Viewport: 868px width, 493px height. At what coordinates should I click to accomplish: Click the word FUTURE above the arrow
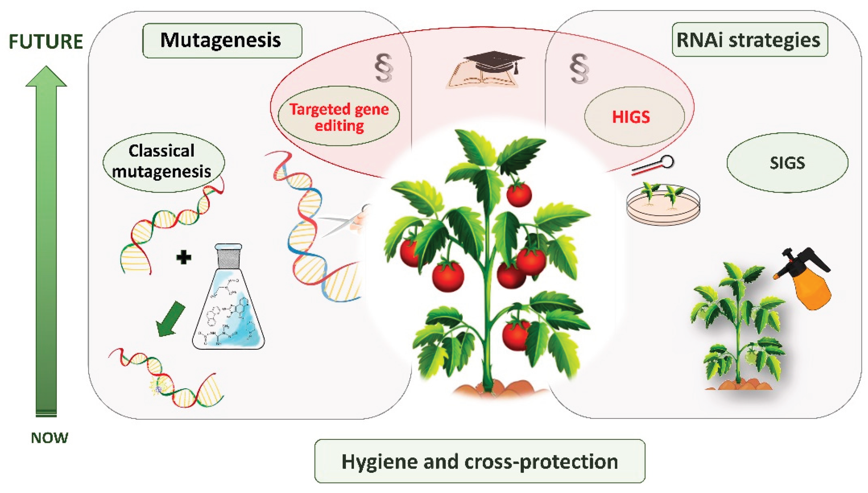tap(46, 42)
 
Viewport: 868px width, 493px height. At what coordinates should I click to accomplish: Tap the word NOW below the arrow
tap(50, 438)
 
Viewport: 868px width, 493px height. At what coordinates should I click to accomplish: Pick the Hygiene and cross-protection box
tap(479, 461)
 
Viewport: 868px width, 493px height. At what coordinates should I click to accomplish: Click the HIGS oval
tap(634, 117)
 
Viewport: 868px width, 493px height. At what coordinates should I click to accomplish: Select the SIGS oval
tap(787, 163)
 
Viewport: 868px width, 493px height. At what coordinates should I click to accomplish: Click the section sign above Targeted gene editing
tap(384, 68)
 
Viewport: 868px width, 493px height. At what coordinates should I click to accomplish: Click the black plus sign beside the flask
tap(184, 258)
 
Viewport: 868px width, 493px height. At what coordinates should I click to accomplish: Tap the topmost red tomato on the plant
tap(519, 194)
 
